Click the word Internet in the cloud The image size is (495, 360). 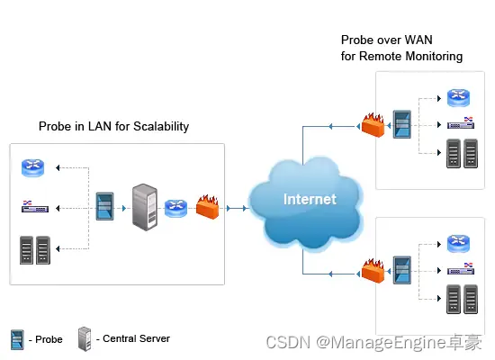310,199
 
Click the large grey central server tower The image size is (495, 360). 145,207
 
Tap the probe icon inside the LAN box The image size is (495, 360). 104,206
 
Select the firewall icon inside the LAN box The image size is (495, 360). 207,207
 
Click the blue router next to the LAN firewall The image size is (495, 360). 175,208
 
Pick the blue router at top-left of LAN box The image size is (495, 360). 32,167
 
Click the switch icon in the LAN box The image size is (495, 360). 35,206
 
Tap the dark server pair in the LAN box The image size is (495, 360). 35,250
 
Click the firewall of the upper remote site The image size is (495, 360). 373,125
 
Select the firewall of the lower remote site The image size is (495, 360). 373,271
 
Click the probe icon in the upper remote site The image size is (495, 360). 402,124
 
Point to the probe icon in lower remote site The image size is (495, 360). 402,270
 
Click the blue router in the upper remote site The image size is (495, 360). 458,97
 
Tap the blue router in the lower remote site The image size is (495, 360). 458,244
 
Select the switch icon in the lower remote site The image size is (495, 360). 461,269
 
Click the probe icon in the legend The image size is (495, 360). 17,340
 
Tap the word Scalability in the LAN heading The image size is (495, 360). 161,127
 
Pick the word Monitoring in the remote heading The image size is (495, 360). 434,57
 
